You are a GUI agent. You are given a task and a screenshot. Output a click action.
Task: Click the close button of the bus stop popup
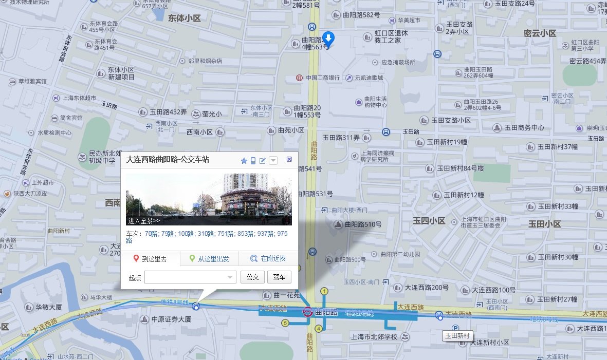point(289,160)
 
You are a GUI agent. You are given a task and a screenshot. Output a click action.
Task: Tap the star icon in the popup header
point(244,161)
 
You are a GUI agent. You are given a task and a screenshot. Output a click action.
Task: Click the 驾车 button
point(279,277)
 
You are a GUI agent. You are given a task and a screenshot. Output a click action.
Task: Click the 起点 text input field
point(186,277)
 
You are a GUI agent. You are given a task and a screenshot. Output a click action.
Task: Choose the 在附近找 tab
point(268,259)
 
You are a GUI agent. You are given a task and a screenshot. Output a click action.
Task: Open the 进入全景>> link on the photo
point(144,221)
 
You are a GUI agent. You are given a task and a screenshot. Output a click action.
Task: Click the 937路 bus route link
point(264,234)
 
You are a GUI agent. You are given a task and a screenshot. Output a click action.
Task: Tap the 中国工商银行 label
point(323,78)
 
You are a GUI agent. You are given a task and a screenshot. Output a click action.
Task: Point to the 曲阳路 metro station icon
point(307,312)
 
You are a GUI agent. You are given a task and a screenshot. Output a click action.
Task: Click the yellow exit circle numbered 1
point(324,292)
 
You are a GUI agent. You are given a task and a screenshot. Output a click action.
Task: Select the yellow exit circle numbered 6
point(285,323)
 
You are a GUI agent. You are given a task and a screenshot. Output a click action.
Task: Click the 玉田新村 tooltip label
point(458,335)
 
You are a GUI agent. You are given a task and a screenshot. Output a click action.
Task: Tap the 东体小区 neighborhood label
point(184,18)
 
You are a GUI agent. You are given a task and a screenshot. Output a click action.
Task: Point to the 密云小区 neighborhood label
point(540,33)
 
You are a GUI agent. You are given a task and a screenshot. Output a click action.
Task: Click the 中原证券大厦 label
point(171,319)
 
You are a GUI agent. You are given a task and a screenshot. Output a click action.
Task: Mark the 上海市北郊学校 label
point(374,337)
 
